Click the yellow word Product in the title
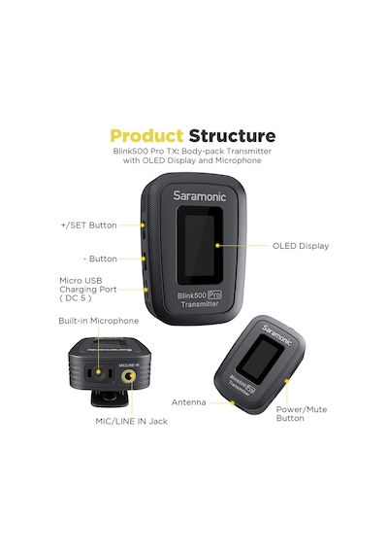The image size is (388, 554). pos(146,136)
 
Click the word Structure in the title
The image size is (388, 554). pos(232,136)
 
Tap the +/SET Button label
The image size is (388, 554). pos(88,225)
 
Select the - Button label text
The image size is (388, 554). pos(100,259)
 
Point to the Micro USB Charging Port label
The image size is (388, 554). pos(88,290)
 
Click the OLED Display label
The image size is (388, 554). pos(301,246)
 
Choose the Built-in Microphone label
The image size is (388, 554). pos(99,321)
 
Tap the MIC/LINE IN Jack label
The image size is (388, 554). pos(132,421)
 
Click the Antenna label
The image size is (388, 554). pos(189,402)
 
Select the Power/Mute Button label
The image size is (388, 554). pos(302,414)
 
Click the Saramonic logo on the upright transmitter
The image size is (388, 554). pos(199,196)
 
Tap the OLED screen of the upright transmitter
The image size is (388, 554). pos(200,245)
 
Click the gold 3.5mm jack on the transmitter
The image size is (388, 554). pos(128,377)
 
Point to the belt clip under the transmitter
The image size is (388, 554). pos(110,398)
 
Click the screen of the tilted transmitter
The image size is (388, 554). pos(260,360)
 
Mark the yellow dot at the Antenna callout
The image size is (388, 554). pos(232,402)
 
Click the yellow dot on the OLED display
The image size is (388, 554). pos(217,245)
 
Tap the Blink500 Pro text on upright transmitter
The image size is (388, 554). pos(200,295)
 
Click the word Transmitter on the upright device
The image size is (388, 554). pos(200,304)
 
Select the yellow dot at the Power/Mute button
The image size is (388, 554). pos(287,381)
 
